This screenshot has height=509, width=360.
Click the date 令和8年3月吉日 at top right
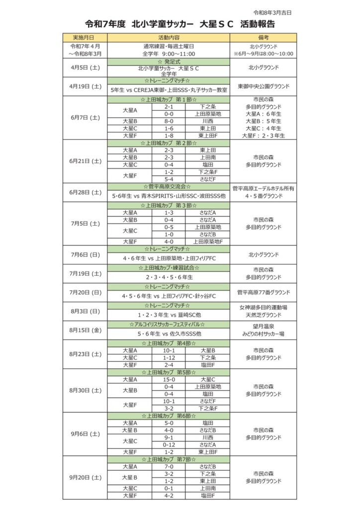273,12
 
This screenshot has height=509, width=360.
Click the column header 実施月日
86,37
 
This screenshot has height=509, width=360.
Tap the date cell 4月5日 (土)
86,67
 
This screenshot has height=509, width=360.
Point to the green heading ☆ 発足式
169,61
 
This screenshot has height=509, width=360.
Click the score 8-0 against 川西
169,121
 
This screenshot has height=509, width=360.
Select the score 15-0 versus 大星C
169,379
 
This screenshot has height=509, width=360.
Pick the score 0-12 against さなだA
169,444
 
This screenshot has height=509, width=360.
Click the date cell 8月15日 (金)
86,330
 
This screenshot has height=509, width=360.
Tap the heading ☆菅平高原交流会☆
169,186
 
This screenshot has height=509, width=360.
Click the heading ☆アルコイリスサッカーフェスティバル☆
169,324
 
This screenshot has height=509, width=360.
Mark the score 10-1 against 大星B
169,350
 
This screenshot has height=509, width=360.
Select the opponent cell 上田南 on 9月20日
207,488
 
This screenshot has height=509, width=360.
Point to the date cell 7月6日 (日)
86,254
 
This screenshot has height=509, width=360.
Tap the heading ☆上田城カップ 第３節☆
169,205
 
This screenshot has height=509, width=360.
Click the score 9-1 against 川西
169,437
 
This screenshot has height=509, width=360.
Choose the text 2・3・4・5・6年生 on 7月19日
169,277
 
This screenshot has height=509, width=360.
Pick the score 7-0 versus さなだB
169,467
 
